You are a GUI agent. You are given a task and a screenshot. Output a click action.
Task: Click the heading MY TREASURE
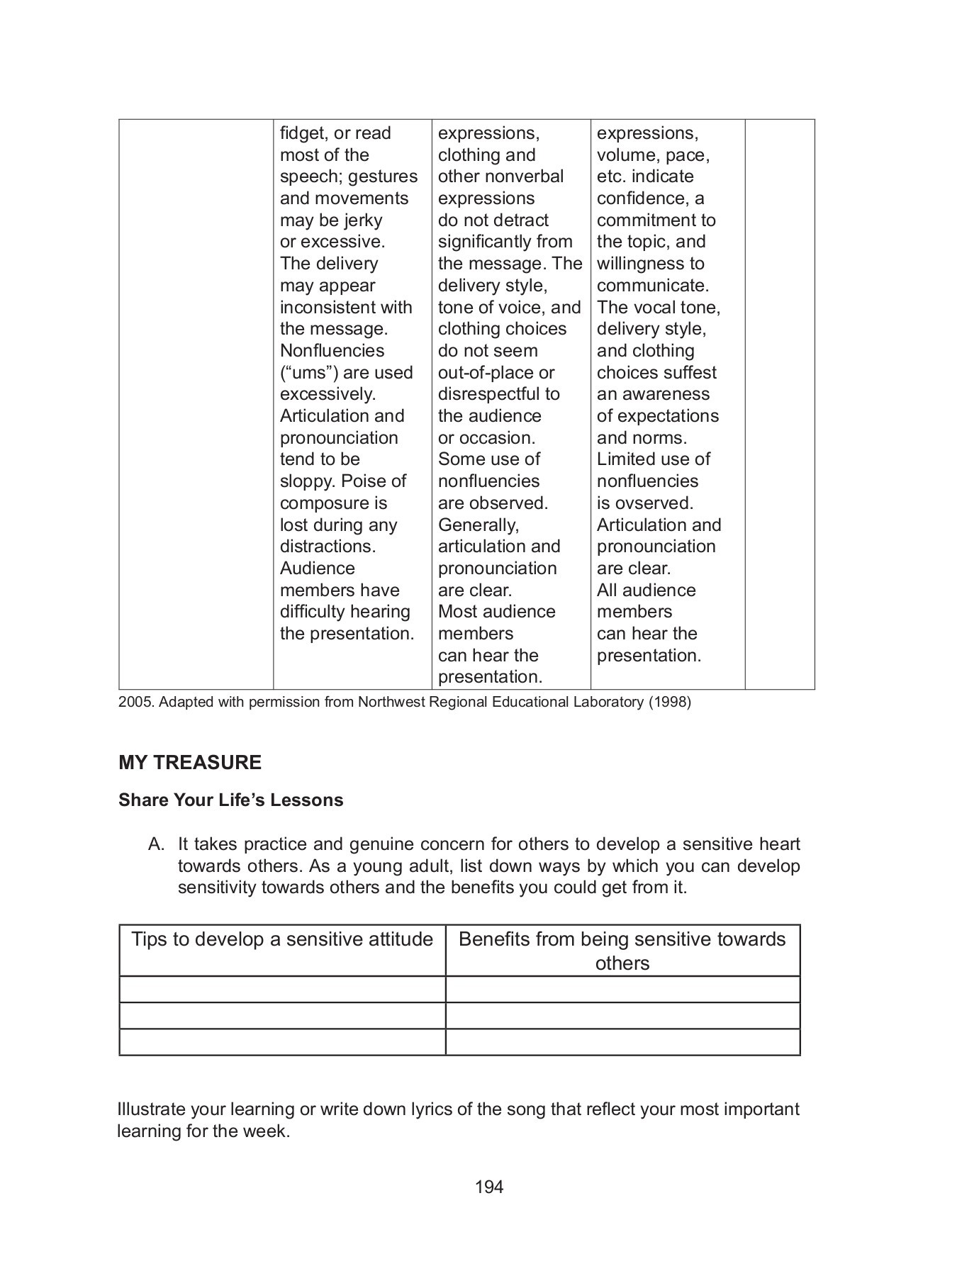click(x=189, y=762)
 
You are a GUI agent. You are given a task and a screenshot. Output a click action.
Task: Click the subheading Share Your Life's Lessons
click(x=230, y=800)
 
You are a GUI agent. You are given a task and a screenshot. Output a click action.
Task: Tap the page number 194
click(x=489, y=1187)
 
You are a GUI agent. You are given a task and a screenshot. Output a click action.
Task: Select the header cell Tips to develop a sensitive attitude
click(x=282, y=939)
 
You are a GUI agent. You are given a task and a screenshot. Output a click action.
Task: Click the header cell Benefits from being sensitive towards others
click(x=622, y=951)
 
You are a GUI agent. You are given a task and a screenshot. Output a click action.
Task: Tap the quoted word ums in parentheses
click(x=309, y=373)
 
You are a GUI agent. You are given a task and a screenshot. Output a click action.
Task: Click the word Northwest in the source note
click(x=389, y=703)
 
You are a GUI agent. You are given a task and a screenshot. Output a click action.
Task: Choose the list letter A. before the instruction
click(x=156, y=844)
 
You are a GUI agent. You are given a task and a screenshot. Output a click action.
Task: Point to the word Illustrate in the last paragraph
click(x=152, y=1109)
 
